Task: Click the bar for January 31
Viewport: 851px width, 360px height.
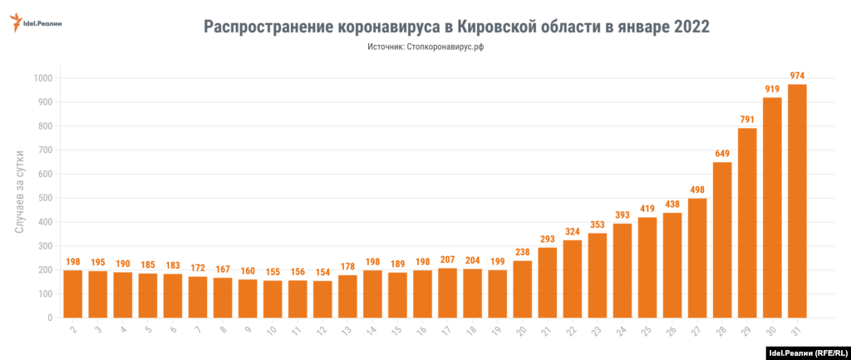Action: click(x=797, y=201)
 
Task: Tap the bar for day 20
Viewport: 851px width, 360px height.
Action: click(x=523, y=289)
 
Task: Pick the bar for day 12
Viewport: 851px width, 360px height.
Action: click(x=322, y=299)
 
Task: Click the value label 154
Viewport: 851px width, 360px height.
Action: click(x=322, y=273)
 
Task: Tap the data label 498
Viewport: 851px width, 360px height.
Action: click(x=697, y=190)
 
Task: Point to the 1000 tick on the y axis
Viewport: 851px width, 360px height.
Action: click(x=42, y=78)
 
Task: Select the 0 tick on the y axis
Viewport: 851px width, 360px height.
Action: click(x=49, y=318)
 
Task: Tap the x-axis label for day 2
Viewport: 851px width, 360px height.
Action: click(x=73, y=330)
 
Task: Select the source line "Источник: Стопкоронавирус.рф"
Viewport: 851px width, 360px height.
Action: click(x=425, y=47)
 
